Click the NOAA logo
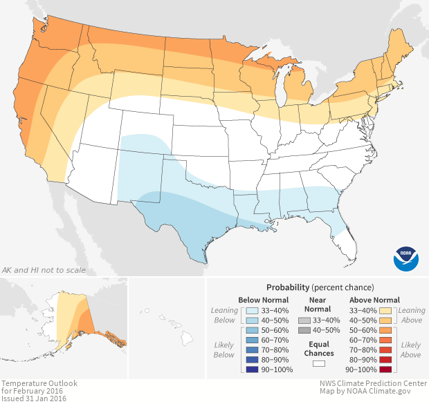(x=406, y=257)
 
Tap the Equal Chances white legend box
(x=319, y=363)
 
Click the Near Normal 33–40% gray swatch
(x=304, y=320)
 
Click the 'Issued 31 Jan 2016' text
(x=33, y=398)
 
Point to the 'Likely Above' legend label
(x=410, y=349)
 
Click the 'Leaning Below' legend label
(x=224, y=316)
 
